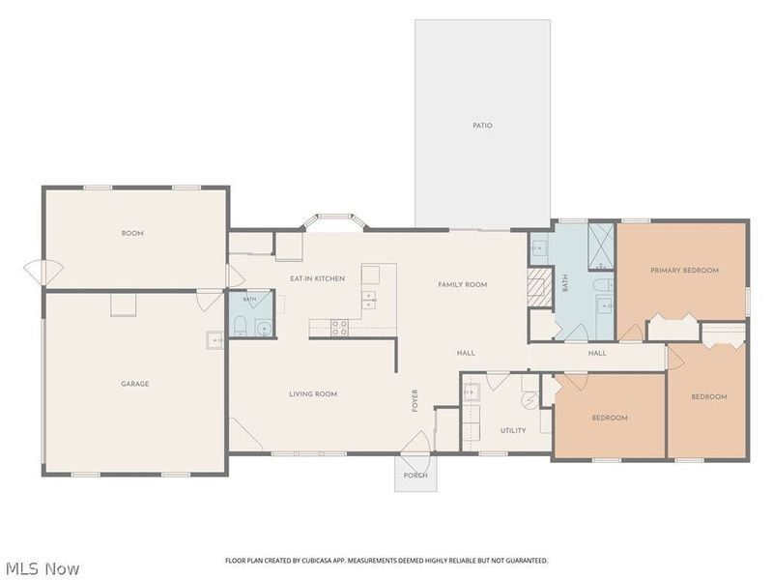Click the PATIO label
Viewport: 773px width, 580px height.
tap(482, 126)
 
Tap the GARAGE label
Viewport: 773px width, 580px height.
tap(135, 384)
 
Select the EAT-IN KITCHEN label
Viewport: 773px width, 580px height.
tap(318, 278)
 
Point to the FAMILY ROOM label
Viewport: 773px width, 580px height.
tap(463, 284)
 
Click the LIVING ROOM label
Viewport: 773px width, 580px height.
tap(313, 394)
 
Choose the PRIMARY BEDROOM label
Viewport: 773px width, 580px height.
tap(684, 271)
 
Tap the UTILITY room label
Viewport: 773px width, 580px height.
tap(513, 430)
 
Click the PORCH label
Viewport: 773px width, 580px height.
tap(415, 476)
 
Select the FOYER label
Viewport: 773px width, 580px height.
tap(415, 400)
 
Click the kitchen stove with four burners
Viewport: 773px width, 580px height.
tap(339, 328)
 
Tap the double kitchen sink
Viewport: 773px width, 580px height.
tap(369, 300)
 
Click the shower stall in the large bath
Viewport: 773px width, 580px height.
tap(601, 246)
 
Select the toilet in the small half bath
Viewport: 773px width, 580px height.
tap(241, 327)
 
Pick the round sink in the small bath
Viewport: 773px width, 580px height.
tap(264, 328)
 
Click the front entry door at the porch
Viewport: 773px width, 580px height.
tap(417, 443)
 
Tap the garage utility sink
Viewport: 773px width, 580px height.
tap(215, 340)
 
